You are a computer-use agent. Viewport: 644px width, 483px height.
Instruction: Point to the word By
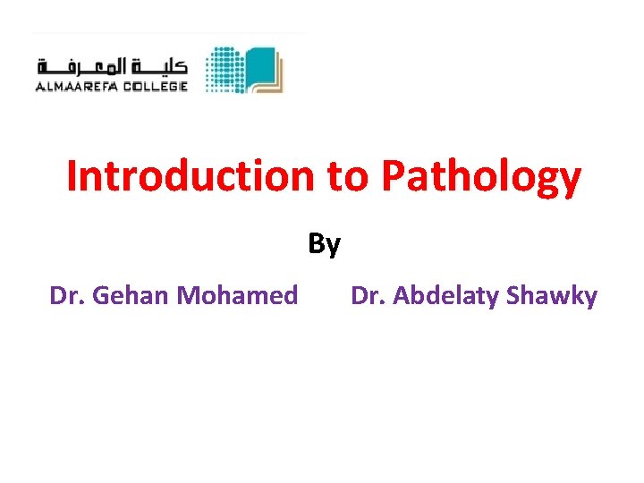pyautogui.click(x=324, y=243)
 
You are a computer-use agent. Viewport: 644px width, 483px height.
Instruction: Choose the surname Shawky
pyautogui.click(x=551, y=296)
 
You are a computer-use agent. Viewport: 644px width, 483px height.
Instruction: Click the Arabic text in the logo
pyautogui.click(x=112, y=66)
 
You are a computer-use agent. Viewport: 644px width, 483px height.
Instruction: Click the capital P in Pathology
pyautogui.click(x=393, y=177)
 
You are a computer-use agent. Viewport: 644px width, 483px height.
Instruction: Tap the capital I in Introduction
pyautogui.click(x=72, y=176)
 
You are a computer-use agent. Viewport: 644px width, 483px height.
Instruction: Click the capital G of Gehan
pyautogui.click(x=101, y=295)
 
